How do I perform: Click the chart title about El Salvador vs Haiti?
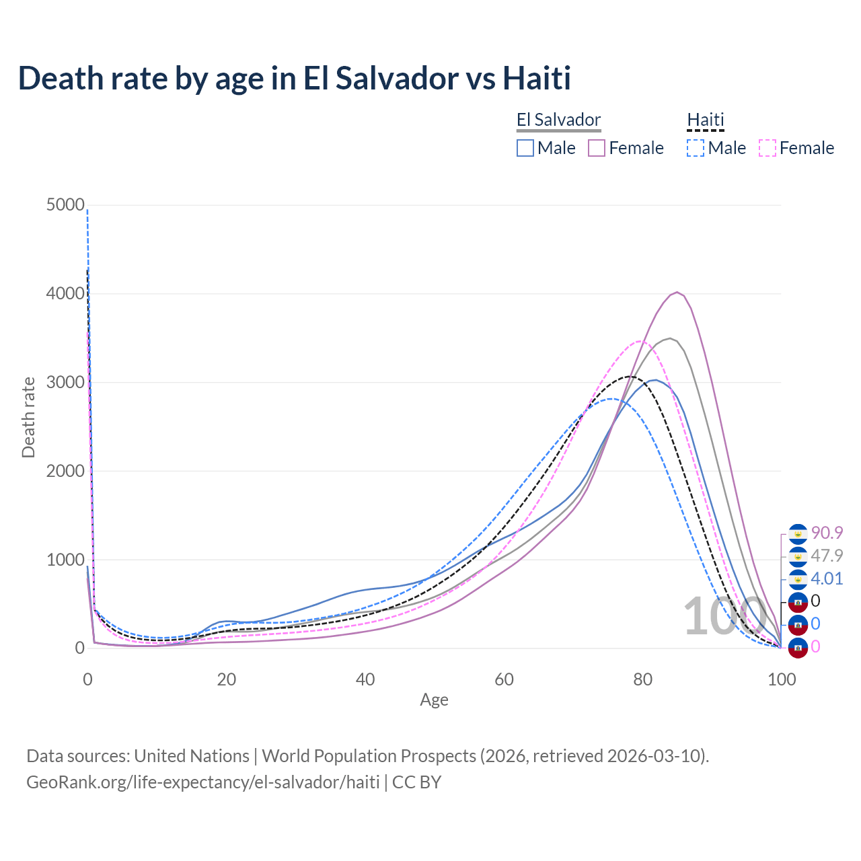[294, 78]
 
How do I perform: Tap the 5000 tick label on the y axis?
[65, 204]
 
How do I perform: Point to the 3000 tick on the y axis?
[65, 382]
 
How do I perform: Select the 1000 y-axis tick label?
[65, 560]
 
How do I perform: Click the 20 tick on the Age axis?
[226, 679]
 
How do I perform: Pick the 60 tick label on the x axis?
[504, 679]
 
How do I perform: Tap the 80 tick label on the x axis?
[643, 679]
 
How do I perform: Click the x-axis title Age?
[434, 700]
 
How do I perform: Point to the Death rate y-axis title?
[28, 417]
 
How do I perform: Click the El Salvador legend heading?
[558, 120]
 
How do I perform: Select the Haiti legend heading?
[706, 120]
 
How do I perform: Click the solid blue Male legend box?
[525, 148]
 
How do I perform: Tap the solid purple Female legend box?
[597, 148]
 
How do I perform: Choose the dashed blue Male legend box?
[696, 148]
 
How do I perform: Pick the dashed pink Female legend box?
[768, 148]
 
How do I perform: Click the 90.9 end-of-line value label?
[827, 533]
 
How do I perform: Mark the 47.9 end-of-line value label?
[827, 556]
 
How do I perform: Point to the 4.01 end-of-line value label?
[827, 578]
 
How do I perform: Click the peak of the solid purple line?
[677, 292]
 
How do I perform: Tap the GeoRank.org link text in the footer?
[202, 782]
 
